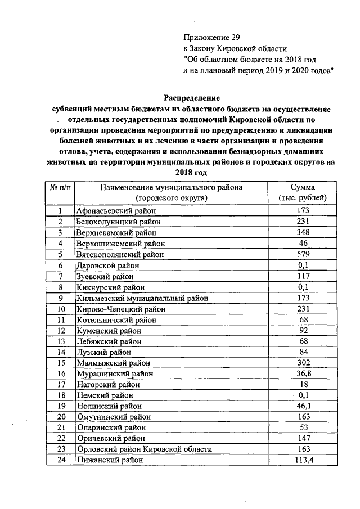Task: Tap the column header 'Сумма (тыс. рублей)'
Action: [x=302, y=192]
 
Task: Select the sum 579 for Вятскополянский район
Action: [x=302, y=254]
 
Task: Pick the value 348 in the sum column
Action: [x=302, y=232]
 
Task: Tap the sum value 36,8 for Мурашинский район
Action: [x=302, y=373]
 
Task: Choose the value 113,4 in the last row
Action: [x=302, y=460]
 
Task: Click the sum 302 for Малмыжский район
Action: [x=302, y=362]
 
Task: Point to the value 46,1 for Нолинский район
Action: [x=302, y=406]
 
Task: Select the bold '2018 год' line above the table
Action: [x=191, y=173]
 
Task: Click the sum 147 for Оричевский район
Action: [x=302, y=438]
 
